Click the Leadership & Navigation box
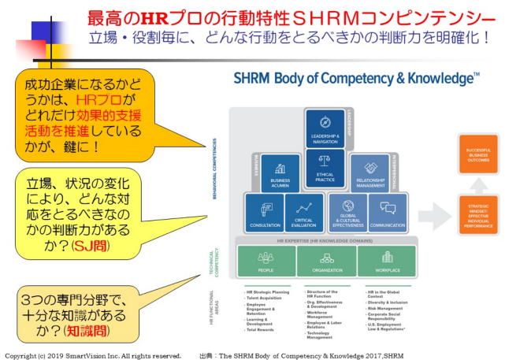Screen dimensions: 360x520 point(325,129)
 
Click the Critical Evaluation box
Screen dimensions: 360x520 point(303,214)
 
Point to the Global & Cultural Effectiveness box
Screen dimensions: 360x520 point(347,214)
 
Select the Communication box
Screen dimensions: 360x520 point(388,214)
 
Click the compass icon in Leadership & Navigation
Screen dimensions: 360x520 point(325,122)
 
